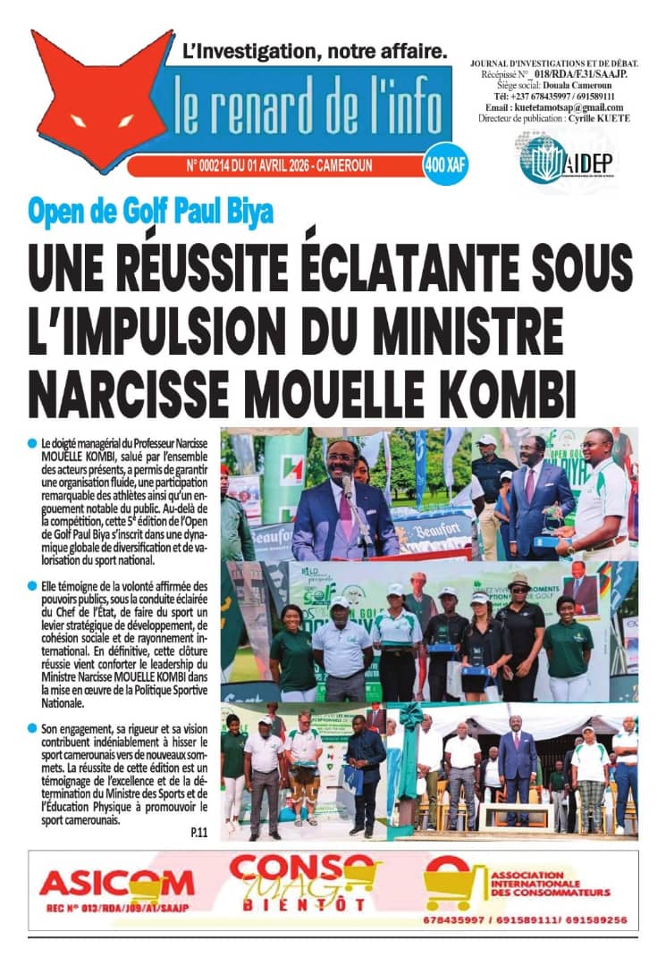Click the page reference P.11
pyautogui.click(x=198, y=834)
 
